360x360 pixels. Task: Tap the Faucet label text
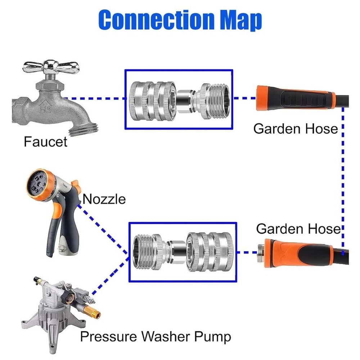click(x=45, y=141)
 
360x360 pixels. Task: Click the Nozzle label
click(x=104, y=199)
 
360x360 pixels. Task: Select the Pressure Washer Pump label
click(x=155, y=337)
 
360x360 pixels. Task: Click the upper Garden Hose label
click(x=296, y=129)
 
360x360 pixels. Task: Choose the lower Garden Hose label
click(x=298, y=229)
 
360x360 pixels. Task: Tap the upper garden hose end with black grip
click(x=295, y=98)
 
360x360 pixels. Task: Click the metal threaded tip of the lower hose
click(x=262, y=251)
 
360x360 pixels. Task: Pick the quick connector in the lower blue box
click(x=183, y=251)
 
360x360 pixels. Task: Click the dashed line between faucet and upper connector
click(x=95, y=98)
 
